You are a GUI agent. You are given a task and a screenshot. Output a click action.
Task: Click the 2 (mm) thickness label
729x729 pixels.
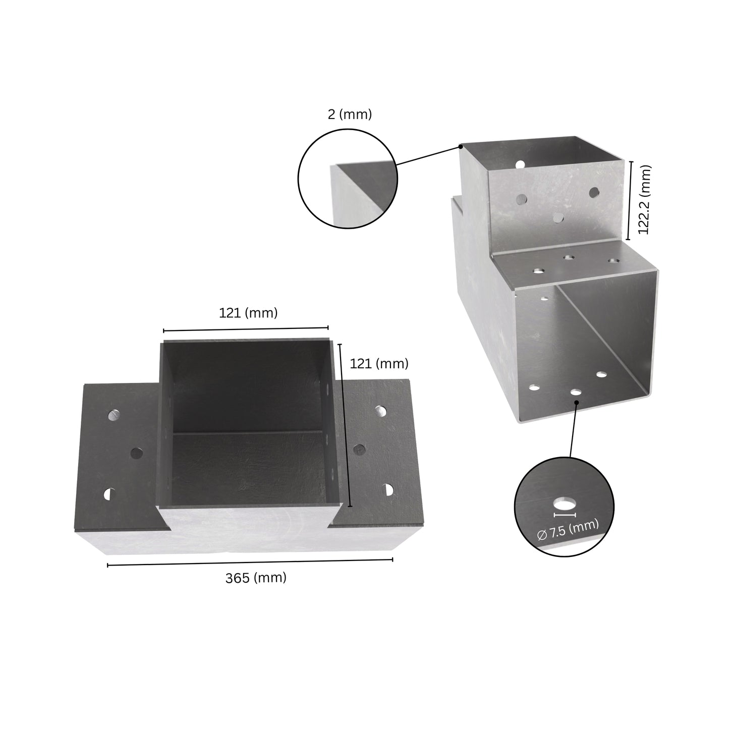[350, 115]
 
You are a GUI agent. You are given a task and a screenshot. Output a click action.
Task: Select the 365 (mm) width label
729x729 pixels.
[256, 578]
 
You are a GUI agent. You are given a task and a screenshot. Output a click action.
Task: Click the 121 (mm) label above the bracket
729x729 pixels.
[248, 313]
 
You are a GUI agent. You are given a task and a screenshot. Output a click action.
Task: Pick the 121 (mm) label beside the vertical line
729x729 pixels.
[379, 363]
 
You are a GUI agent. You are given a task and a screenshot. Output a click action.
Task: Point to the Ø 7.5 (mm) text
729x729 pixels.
[568, 529]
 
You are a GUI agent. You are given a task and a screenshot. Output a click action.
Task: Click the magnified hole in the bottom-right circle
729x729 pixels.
[565, 503]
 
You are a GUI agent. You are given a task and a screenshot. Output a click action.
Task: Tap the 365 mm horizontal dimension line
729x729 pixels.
[250, 562]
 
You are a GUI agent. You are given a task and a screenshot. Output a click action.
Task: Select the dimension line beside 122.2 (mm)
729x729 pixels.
[629, 200]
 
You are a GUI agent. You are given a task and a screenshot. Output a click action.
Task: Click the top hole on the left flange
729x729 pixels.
[115, 415]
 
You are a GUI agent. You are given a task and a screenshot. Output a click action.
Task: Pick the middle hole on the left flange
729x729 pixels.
[136, 453]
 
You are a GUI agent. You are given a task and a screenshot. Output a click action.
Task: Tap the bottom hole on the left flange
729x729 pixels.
[108, 494]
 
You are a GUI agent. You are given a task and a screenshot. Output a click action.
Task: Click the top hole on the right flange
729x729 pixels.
[382, 411]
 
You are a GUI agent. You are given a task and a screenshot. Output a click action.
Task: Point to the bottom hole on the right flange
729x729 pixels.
[388, 489]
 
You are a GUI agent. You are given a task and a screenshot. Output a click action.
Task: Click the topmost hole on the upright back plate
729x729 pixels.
[520, 164]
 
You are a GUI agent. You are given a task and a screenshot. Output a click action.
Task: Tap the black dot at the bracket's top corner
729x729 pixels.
[461, 147]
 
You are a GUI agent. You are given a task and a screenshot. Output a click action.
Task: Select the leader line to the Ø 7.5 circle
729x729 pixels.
[573, 429]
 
